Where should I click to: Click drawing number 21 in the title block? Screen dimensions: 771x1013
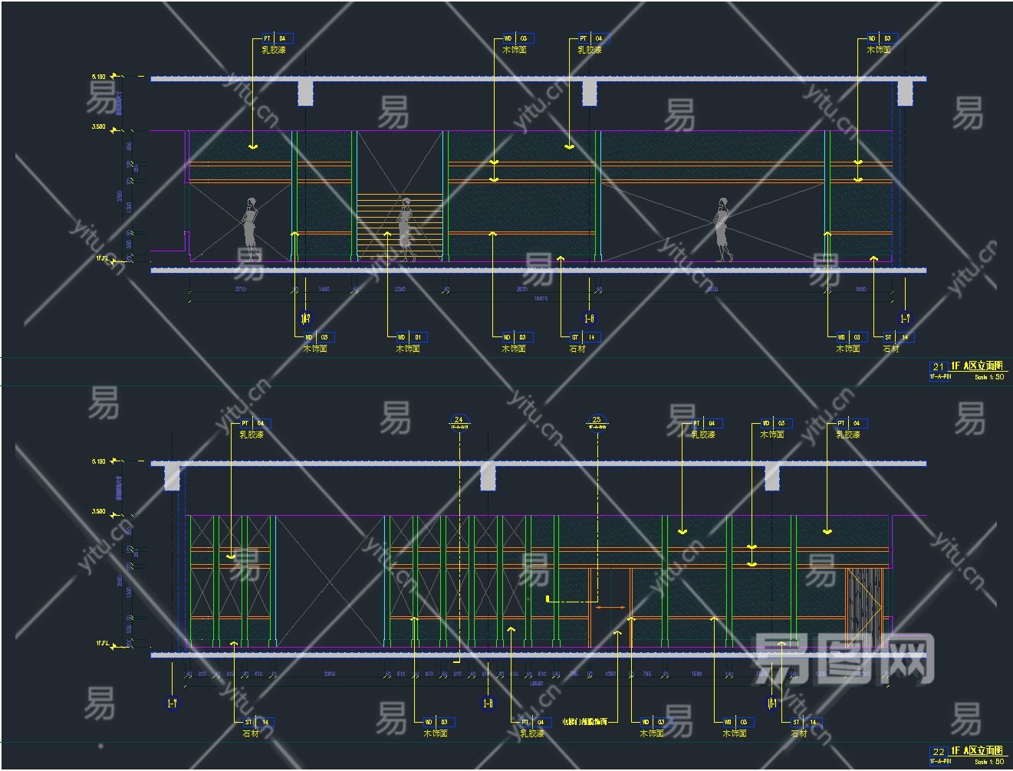(x=938, y=367)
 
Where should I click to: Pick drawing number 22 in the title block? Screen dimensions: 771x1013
(x=938, y=752)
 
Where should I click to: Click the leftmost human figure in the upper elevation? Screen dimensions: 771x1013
(x=249, y=228)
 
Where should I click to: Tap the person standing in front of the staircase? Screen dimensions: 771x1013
(x=405, y=228)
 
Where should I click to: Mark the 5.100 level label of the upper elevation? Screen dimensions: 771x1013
(x=99, y=77)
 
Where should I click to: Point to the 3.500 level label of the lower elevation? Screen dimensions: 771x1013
(x=99, y=511)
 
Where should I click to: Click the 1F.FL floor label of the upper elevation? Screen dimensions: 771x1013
(x=103, y=259)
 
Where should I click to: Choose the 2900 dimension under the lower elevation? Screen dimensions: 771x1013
(x=329, y=674)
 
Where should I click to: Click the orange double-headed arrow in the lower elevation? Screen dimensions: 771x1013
(x=610, y=608)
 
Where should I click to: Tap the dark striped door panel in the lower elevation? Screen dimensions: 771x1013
(x=864, y=605)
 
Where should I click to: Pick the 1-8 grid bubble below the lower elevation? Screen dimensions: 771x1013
(x=488, y=703)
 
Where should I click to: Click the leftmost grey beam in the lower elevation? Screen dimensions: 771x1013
(x=173, y=477)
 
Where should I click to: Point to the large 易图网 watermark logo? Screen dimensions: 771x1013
(x=844, y=658)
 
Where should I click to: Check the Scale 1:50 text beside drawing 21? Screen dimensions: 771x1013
(x=988, y=377)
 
